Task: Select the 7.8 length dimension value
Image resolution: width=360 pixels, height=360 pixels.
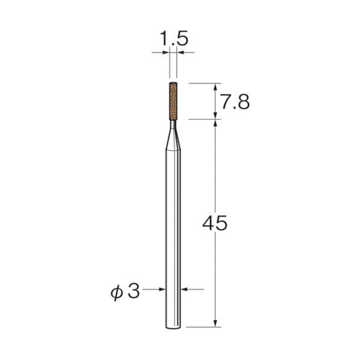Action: [x=234, y=102]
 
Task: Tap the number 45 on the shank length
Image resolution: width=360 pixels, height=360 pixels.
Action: [x=215, y=223]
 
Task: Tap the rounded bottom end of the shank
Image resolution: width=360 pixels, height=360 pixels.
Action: [x=174, y=327]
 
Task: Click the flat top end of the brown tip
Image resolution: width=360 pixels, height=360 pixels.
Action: [x=174, y=83]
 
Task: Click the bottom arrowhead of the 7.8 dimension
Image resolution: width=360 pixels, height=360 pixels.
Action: [x=215, y=115]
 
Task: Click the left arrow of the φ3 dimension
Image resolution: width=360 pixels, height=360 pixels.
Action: [x=163, y=290]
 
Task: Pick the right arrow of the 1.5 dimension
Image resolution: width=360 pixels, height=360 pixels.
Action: [x=181, y=53]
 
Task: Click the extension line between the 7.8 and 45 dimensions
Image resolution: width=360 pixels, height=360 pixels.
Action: [x=202, y=119]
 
